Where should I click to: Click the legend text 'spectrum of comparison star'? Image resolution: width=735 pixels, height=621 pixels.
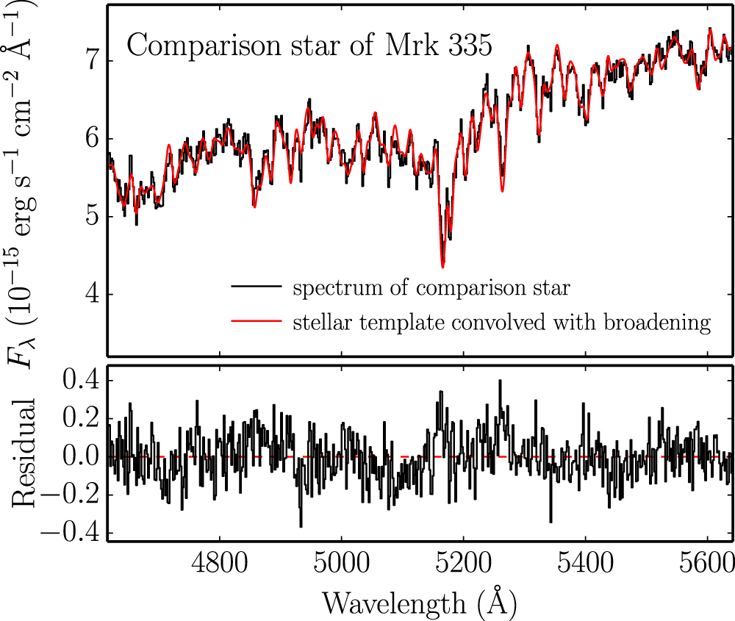click(x=431, y=288)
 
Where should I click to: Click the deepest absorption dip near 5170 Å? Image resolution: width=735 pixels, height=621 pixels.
click(x=442, y=265)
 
